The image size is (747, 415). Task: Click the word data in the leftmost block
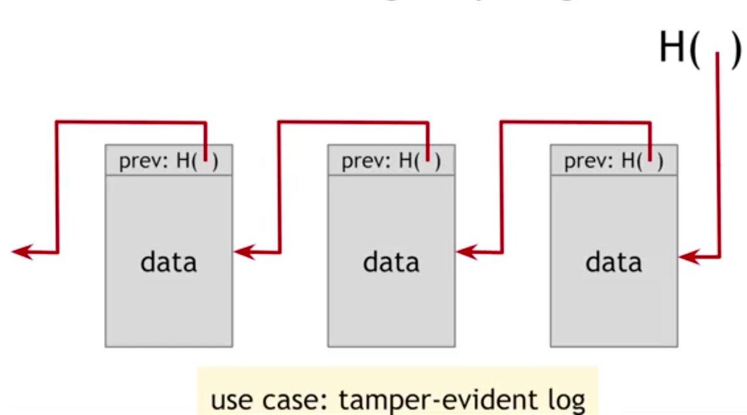click(x=168, y=262)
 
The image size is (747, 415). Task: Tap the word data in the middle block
click(x=391, y=262)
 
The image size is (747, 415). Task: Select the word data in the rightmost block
click(x=613, y=262)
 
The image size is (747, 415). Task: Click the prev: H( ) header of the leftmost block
click(x=169, y=160)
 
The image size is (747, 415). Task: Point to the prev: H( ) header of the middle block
click(x=391, y=160)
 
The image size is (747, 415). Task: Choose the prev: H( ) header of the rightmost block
click(x=614, y=160)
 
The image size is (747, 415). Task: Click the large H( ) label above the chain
click(x=699, y=48)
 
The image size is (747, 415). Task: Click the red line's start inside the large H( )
click(x=717, y=55)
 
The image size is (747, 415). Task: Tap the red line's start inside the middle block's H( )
click(x=428, y=157)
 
